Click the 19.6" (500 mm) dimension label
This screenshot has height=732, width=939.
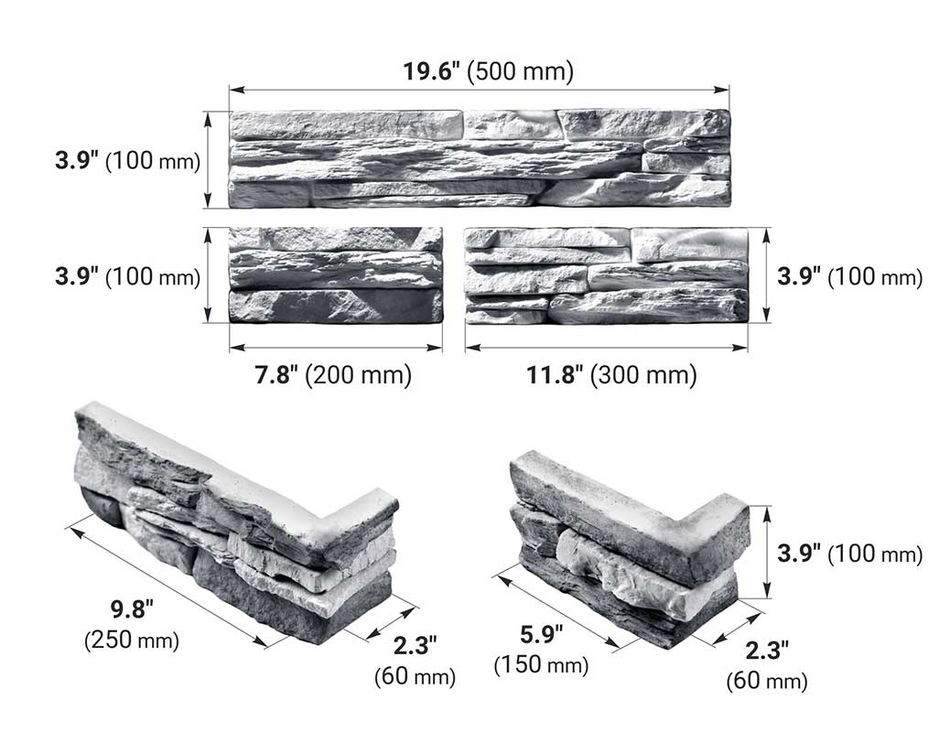click(x=488, y=71)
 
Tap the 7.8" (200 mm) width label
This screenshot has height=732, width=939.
click(x=333, y=374)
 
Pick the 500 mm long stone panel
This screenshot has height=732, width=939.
click(x=479, y=158)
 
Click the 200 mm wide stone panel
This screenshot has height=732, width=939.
click(x=335, y=275)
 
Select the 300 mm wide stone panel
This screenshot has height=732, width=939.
click(x=606, y=275)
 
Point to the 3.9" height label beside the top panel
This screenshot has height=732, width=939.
click(x=126, y=161)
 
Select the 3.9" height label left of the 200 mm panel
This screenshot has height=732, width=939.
click(x=126, y=276)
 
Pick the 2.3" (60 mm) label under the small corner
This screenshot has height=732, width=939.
click(x=767, y=665)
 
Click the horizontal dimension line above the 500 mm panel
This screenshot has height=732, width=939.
click(x=479, y=90)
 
